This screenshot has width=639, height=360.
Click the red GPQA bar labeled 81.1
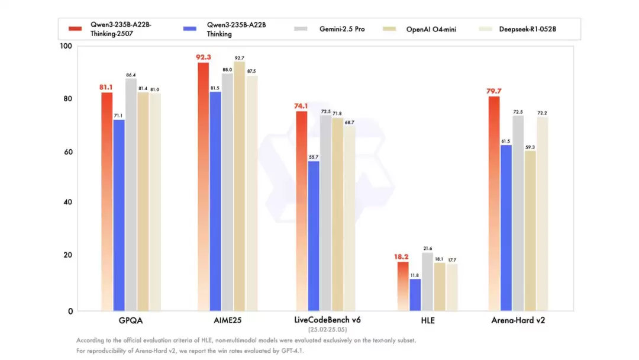pos(107,201)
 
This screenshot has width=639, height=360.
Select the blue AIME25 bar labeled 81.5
pos(215,201)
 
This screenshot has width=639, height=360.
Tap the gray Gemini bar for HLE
pos(427,282)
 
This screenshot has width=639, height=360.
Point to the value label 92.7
pos(239,58)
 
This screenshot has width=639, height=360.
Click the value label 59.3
pos(530,147)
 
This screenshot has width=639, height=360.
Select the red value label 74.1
pos(301,107)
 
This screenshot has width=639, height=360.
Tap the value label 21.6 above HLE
pos(427,249)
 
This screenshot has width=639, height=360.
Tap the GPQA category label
pos(131,320)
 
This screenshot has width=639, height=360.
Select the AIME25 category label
pos(227,320)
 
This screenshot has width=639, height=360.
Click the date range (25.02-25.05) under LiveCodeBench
pos(327,329)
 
